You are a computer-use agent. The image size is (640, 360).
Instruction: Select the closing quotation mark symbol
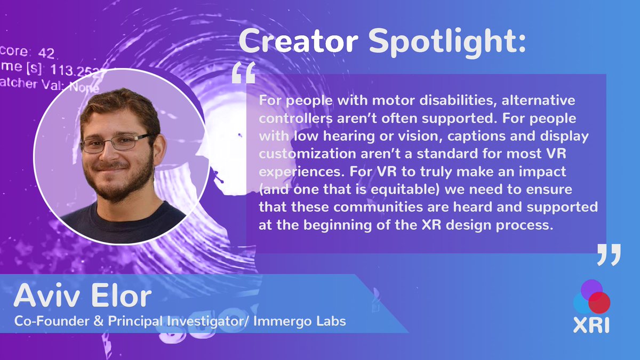click(x=609, y=255)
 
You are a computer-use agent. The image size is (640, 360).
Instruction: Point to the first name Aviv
click(x=48, y=296)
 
